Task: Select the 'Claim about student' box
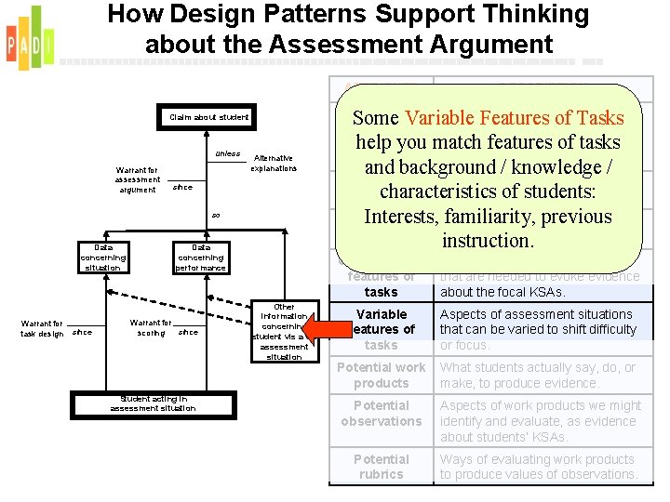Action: [208, 117]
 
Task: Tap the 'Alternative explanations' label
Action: [274, 164]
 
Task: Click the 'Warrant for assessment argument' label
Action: [138, 179]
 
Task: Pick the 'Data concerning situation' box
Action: [103, 258]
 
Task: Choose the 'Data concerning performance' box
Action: [200, 258]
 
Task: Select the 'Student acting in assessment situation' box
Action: [153, 403]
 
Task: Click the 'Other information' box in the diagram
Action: [285, 331]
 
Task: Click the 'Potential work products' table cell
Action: [381, 376]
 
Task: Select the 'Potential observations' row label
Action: [381, 414]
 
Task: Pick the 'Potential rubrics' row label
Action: [381, 467]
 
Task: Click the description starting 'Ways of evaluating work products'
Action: [538, 467]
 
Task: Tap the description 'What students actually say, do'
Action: [539, 376]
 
